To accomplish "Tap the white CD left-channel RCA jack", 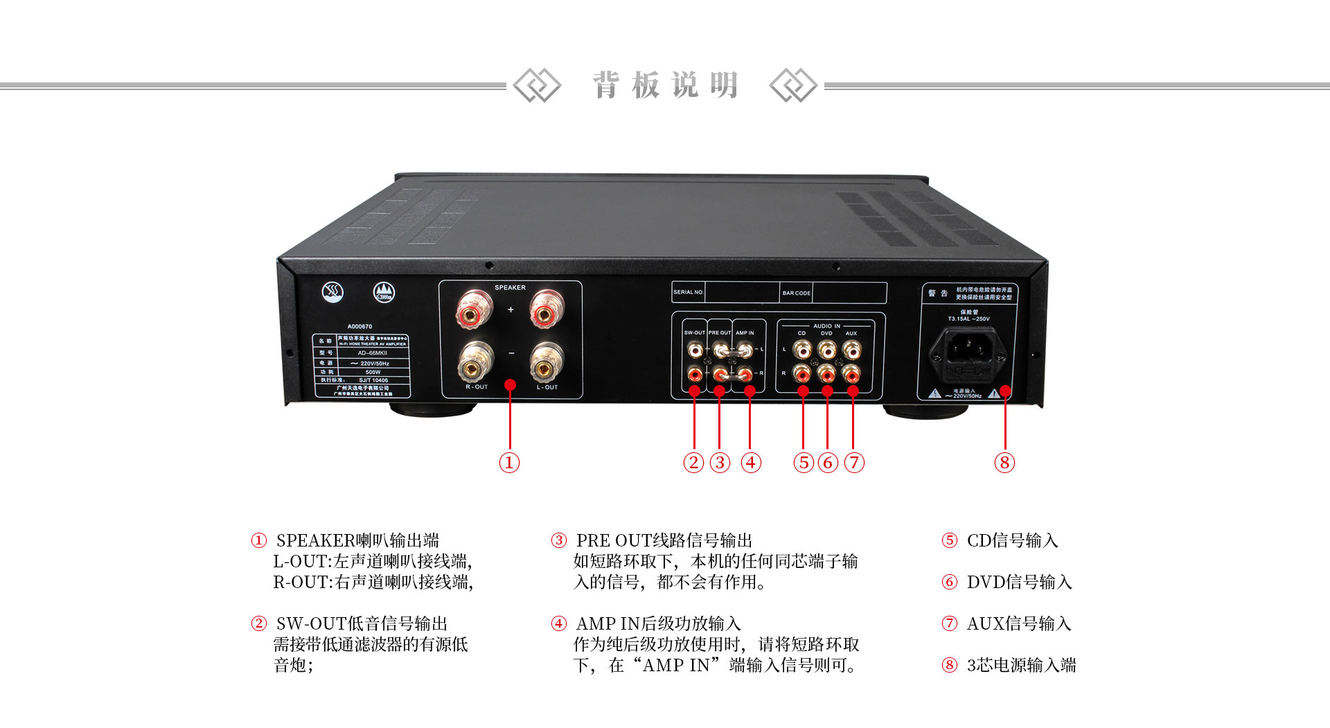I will pyautogui.click(x=801, y=350).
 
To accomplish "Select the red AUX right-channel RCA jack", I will pyautogui.click(x=851, y=375).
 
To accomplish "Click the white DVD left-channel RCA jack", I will pyautogui.click(x=826, y=350).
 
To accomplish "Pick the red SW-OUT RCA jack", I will pyautogui.click(x=694, y=375).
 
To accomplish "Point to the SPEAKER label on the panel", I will pyautogui.click(x=510, y=287).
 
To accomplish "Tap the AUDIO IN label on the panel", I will pyautogui.click(x=826, y=326).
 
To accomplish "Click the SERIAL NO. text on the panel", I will pyautogui.click(x=688, y=292).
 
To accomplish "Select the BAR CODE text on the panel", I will pyautogui.click(x=796, y=293).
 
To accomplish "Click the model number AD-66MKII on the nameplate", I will pyautogui.click(x=373, y=353).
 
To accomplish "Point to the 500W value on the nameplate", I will pyautogui.click(x=373, y=372).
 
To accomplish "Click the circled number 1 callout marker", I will pyautogui.click(x=509, y=463).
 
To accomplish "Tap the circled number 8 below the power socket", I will pyautogui.click(x=1004, y=463).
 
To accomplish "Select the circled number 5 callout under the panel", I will pyautogui.click(x=804, y=463).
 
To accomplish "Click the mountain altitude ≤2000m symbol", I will pyautogui.click(x=384, y=293).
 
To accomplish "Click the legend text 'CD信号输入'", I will pyautogui.click(x=1012, y=540).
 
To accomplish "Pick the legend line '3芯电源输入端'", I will pyautogui.click(x=1021, y=665).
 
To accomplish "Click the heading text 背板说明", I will pyautogui.click(x=665, y=85).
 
